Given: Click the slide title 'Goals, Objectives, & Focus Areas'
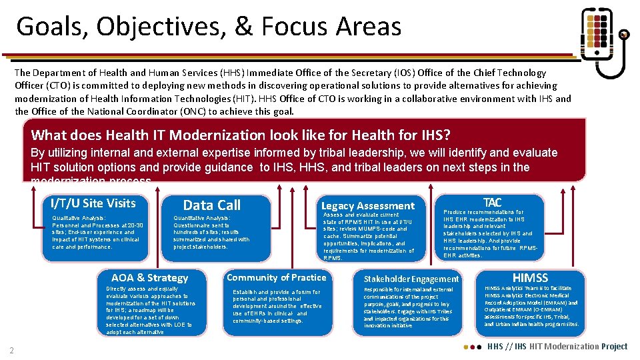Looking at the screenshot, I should [x=209, y=27].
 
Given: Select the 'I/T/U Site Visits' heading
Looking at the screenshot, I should [x=93, y=203].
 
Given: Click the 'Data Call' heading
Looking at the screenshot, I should [x=211, y=205].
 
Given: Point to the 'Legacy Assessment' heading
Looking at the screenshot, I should [x=367, y=206].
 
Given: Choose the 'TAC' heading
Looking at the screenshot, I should [x=492, y=202].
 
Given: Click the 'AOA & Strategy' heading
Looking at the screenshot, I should [x=149, y=278].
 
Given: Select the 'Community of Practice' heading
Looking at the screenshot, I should [x=277, y=277].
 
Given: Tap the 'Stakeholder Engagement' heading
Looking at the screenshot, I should [x=411, y=279].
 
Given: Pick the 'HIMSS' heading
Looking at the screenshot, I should [x=530, y=277].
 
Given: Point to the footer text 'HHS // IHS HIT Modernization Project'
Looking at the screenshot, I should [x=557, y=346].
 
